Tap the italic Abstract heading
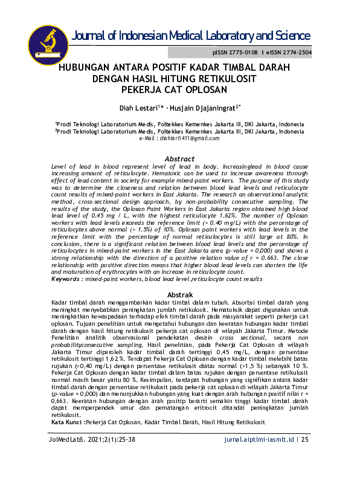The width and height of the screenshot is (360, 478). (179, 159)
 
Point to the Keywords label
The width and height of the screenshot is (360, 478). (65, 280)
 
